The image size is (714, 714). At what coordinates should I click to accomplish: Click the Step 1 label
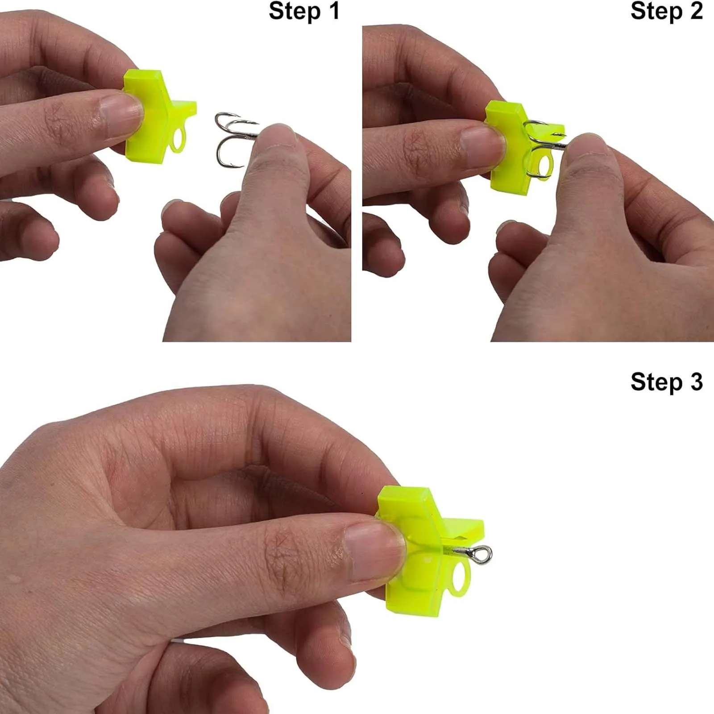pyautogui.click(x=304, y=12)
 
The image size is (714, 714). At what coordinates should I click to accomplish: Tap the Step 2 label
pyautogui.click(x=667, y=12)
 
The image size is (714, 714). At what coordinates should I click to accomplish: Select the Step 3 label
pyautogui.click(x=667, y=382)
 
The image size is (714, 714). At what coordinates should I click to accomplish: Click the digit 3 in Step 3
pyautogui.click(x=696, y=382)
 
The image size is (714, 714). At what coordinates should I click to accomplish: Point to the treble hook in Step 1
pyautogui.click(x=237, y=138)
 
